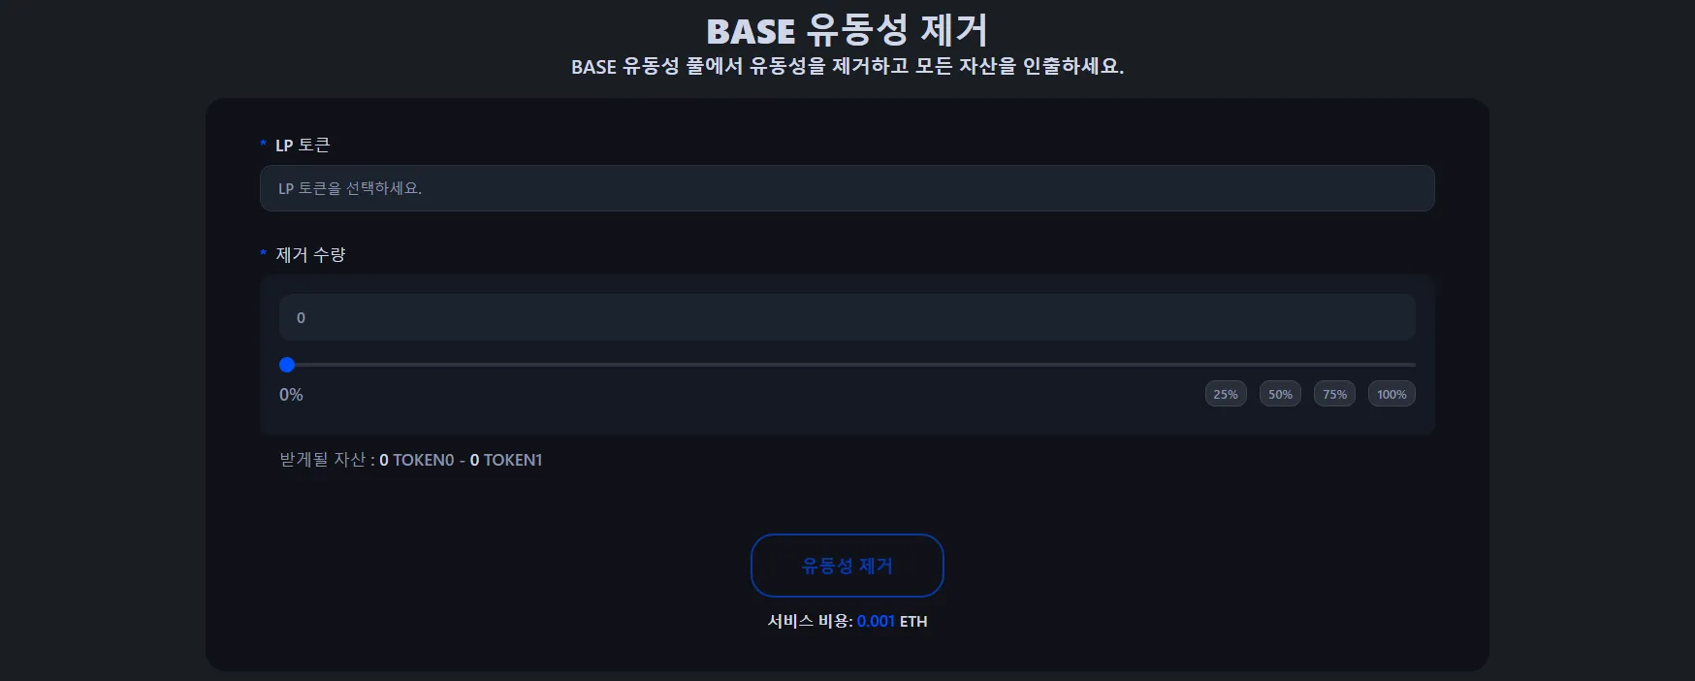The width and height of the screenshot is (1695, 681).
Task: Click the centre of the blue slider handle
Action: point(287,365)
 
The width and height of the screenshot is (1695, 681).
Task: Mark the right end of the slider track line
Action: point(1416,365)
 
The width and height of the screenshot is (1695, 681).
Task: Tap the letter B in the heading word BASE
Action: point(719,32)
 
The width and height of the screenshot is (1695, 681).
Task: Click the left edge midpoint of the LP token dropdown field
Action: point(260,188)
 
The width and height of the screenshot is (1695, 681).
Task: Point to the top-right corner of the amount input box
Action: point(1416,294)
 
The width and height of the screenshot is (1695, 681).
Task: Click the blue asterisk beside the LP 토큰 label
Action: point(263,145)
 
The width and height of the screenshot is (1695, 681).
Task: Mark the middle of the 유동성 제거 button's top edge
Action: point(847,535)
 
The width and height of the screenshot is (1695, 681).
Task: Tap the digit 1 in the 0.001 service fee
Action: point(890,621)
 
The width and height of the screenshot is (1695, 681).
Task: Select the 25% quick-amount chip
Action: point(1226,394)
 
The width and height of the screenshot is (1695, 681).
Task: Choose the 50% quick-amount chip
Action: point(1280,394)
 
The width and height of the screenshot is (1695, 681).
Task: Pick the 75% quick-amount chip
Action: point(1334,394)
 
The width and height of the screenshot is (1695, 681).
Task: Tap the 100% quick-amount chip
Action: point(1391,394)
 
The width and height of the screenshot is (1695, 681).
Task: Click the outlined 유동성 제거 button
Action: point(847,566)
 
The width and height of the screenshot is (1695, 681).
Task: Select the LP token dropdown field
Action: point(847,188)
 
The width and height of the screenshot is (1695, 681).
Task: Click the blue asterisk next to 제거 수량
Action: point(263,254)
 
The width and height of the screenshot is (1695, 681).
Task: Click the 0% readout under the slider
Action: point(291,395)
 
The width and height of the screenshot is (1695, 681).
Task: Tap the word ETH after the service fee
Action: point(913,621)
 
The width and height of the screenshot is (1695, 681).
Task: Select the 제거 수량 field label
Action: point(310,254)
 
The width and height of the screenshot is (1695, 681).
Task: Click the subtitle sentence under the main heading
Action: point(847,66)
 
